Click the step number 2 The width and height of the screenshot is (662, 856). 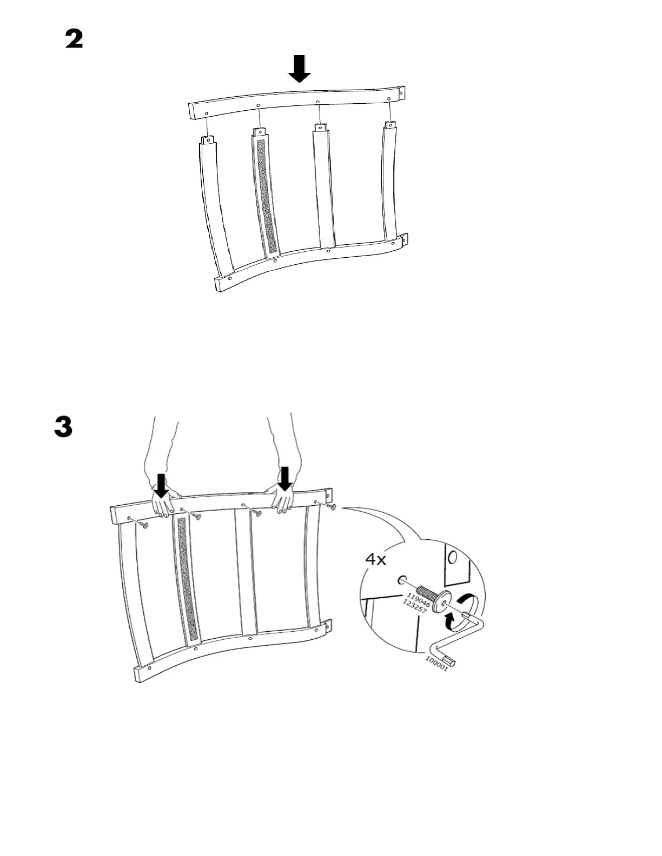pyautogui.click(x=75, y=39)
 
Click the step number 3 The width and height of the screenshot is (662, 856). pyautogui.click(x=63, y=426)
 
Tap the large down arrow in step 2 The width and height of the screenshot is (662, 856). pyautogui.click(x=299, y=69)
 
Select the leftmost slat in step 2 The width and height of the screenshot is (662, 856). pyautogui.click(x=217, y=205)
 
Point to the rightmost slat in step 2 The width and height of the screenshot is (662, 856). pyautogui.click(x=391, y=184)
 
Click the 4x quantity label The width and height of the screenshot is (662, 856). pyautogui.click(x=376, y=559)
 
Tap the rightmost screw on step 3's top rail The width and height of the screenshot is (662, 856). pyautogui.click(x=332, y=507)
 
